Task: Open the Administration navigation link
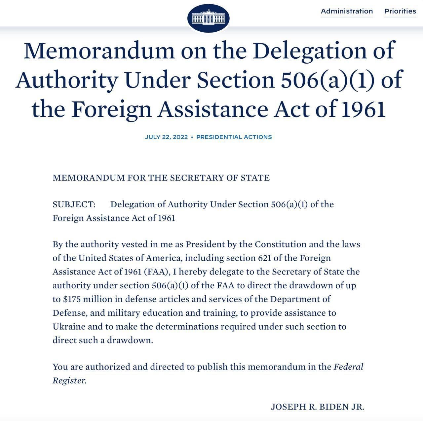tap(347, 11)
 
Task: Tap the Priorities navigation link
tap(400, 11)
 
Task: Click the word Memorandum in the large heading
tap(99, 51)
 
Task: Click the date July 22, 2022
tap(166, 137)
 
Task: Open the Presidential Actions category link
tap(234, 137)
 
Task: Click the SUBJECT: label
tap(74, 204)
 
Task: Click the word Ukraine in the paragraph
tap(68, 326)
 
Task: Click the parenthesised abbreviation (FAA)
tap(157, 272)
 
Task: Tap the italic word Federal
tap(348, 367)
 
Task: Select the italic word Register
tap(69, 380)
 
